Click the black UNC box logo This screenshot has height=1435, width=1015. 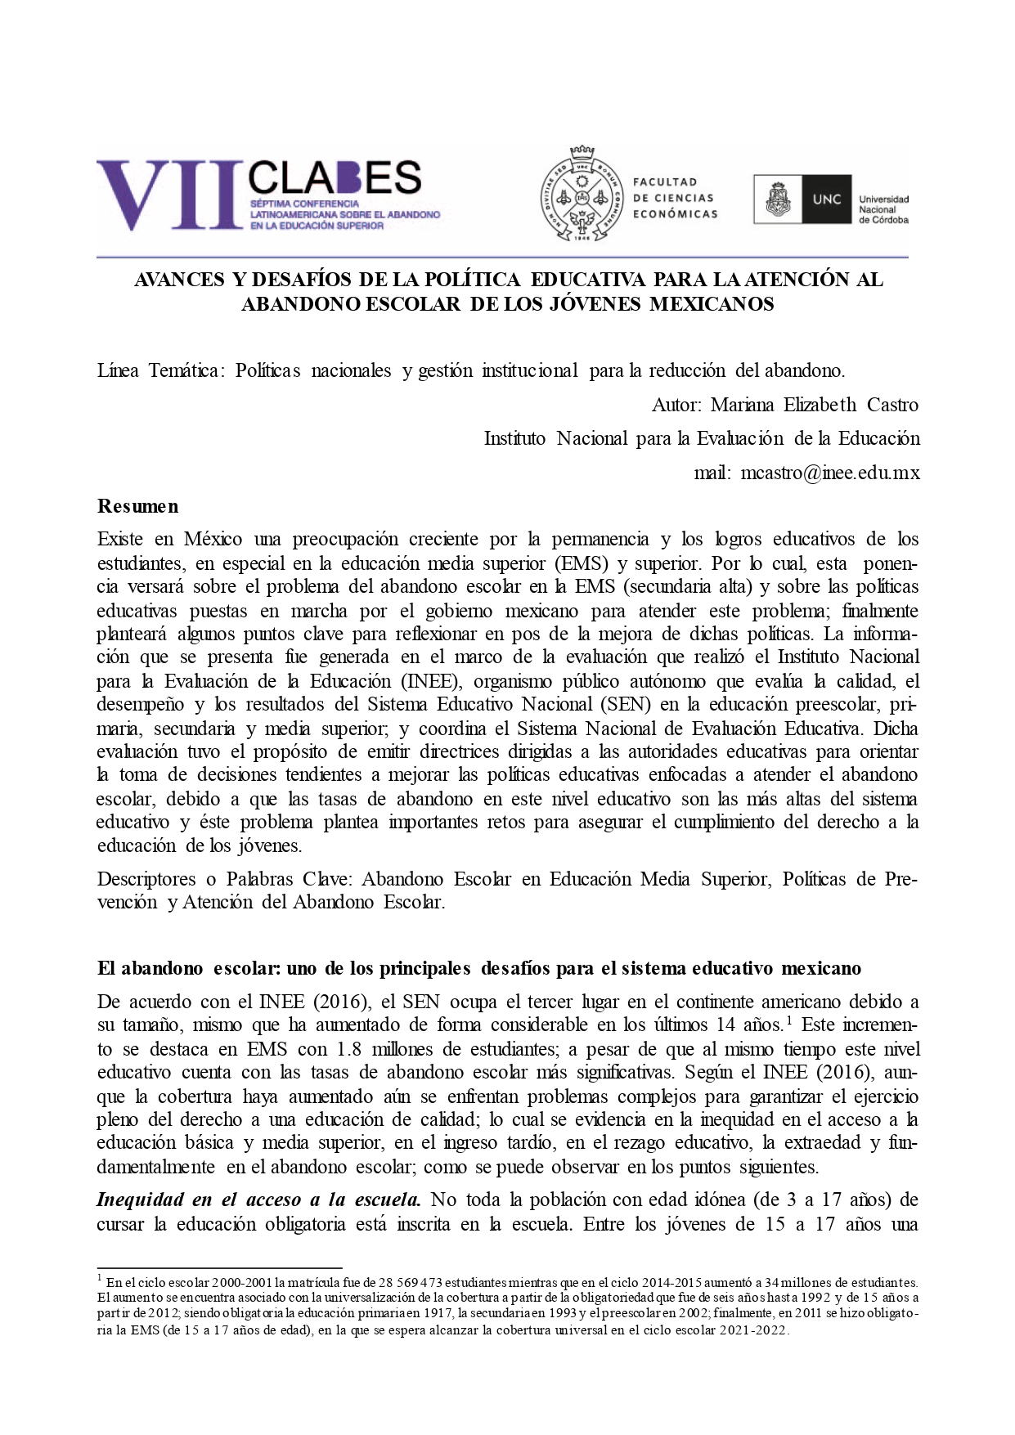point(826,199)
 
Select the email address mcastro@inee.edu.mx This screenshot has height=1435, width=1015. point(829,473)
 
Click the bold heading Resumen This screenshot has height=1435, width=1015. point(137,506)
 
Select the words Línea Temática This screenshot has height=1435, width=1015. point(158,370)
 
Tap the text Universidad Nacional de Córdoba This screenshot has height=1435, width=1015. point(883,209)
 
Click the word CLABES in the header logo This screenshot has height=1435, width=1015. point(335,177)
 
